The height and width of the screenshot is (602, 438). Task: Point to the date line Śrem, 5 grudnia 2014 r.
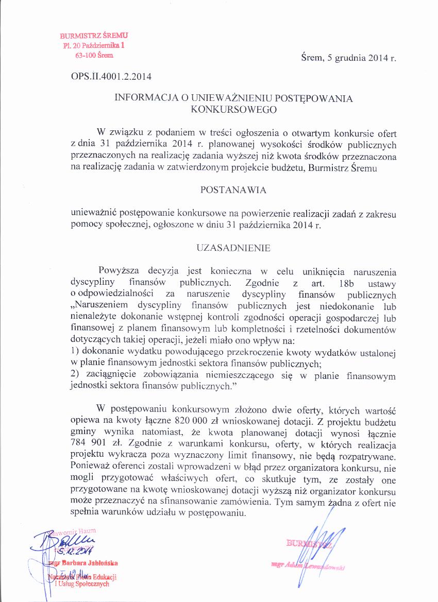(x=348, y=58)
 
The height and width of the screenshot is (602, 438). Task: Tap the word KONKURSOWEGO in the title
(x=233, y=109)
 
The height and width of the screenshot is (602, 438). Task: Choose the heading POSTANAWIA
(x=233, y=190)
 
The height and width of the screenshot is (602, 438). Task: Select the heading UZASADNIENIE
(x=233, y=248)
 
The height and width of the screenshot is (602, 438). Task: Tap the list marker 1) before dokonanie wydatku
(x=74, y=352)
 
